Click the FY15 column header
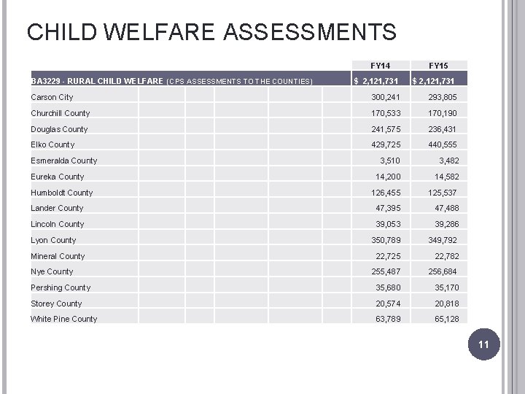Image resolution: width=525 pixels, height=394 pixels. [438, 66]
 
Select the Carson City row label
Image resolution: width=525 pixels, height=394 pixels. [52, 97]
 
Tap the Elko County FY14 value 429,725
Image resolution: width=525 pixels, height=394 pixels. [386, 144]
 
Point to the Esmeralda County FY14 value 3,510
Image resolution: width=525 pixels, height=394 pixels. [390, 161]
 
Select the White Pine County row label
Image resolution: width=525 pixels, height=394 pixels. [64, 319]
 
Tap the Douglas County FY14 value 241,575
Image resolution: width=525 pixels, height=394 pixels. [386, 129]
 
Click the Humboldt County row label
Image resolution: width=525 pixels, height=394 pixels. [62, 193]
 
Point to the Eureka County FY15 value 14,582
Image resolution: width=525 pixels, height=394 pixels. [447, 177]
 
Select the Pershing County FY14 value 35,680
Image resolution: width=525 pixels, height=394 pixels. [388, 287]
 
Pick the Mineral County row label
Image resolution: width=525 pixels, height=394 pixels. [58, 256]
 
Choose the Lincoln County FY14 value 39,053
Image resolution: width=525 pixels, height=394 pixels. [388, 224]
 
